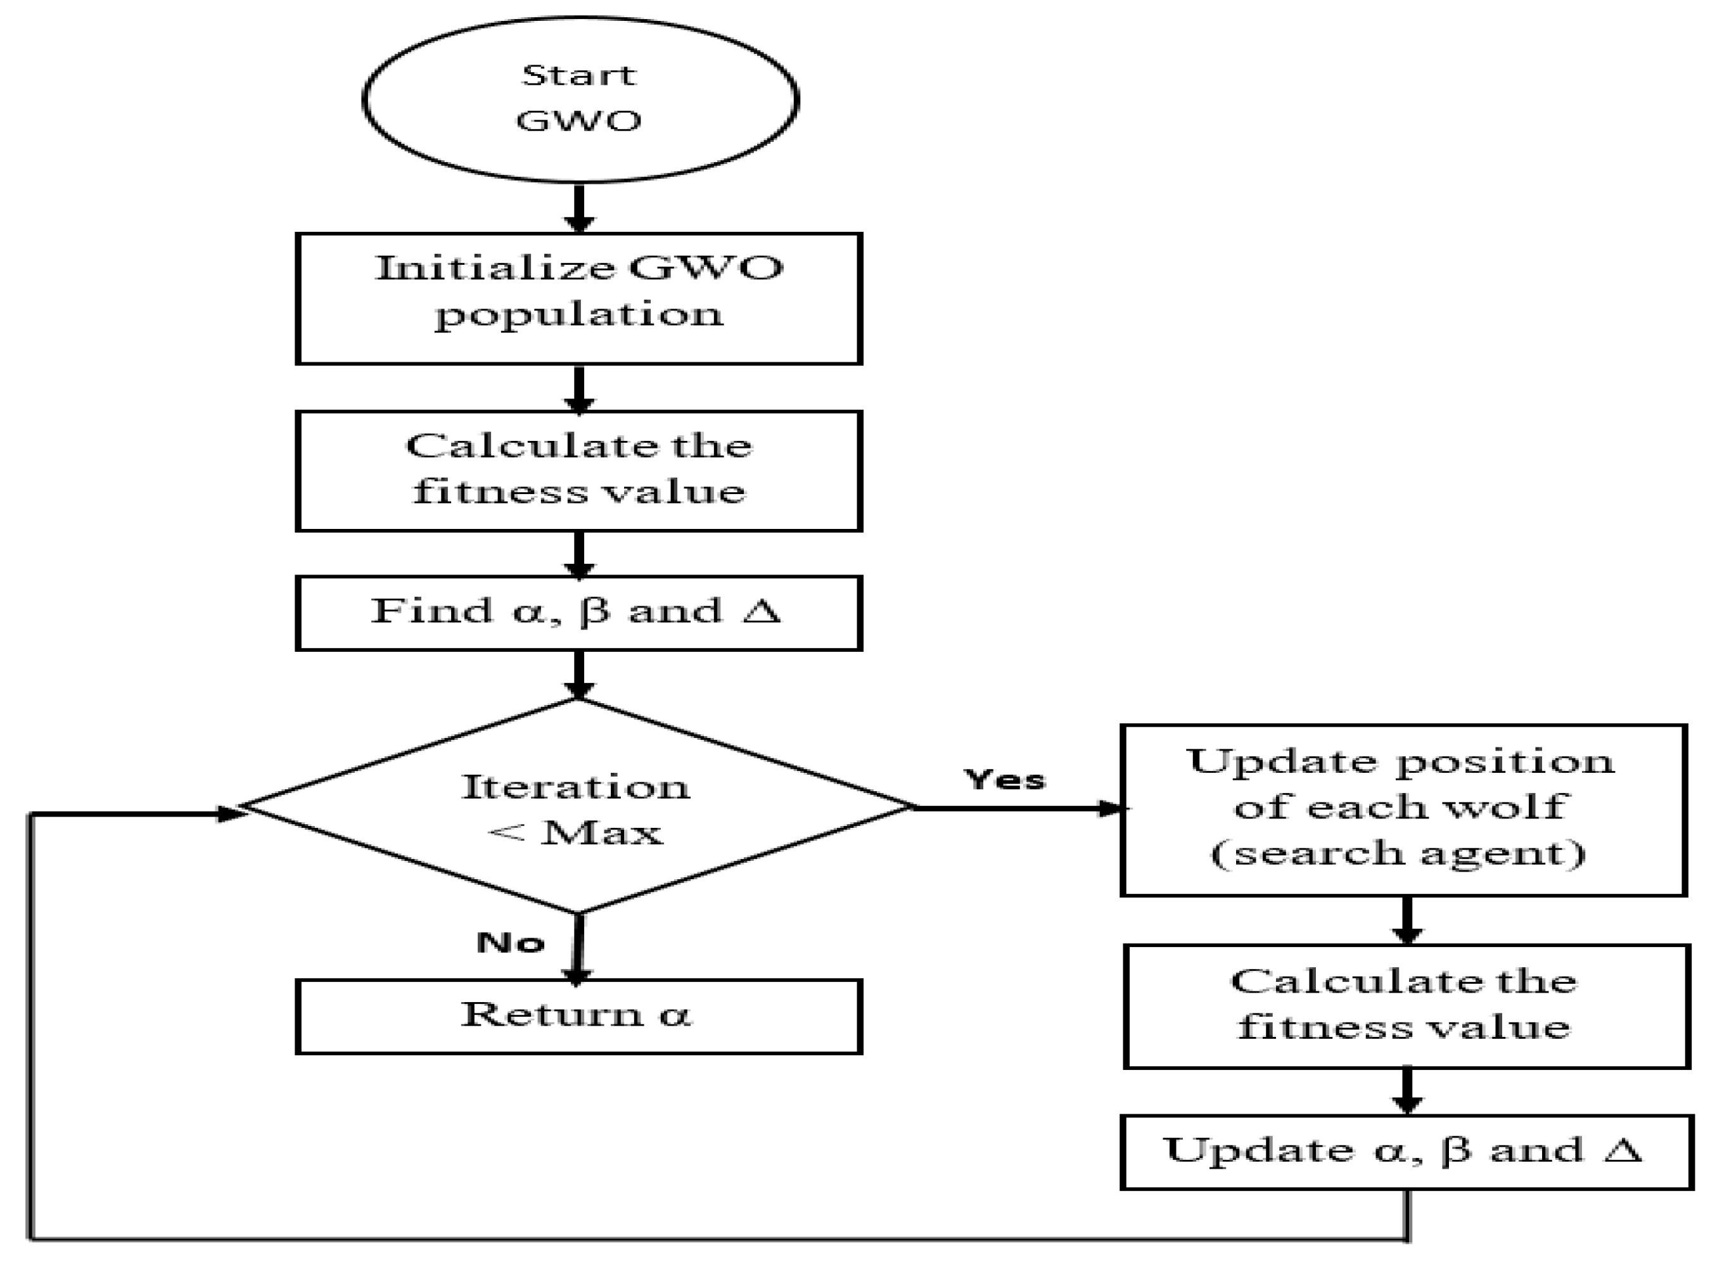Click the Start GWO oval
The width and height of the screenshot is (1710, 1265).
[x=580, y=99]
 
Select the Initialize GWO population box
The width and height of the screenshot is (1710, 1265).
[x=579, y=298]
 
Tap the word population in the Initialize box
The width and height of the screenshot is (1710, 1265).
[x=579, y=315]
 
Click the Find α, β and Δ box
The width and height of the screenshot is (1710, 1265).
[x=579, y=613]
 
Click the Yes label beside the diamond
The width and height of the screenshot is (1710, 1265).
[x=1004, y=780]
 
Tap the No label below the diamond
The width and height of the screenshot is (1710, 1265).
[x=510, y=942]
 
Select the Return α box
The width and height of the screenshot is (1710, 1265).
[x=579, y=1016]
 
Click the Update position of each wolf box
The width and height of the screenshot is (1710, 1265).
[x=1403, y=810]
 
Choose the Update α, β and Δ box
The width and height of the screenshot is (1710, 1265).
[x=1406, y=1152]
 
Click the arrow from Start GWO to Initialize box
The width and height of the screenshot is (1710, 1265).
[x=580, y=208]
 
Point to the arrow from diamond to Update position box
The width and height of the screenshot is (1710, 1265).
[x=1019, y=808]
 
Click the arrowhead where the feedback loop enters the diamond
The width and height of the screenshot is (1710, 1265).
[x=231, y=814]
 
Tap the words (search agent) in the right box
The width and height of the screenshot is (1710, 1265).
[x=1398, y=852]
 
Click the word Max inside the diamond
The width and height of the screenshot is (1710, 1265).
[x=602, y=833]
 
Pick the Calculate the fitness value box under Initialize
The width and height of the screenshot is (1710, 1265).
[x=579, y=470]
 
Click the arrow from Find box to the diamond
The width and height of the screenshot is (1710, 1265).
[x=579, y=675]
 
